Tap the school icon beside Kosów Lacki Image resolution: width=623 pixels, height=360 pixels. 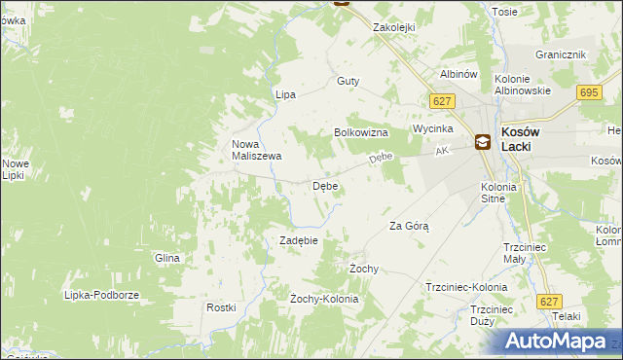[483, 142]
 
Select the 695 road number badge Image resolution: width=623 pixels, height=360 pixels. [588, 92]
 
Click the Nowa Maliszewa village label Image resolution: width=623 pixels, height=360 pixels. [256, 149]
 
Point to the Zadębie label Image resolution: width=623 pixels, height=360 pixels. [299, 240]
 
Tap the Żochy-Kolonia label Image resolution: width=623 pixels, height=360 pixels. [324, 299]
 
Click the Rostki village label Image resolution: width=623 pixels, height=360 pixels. [221, 307]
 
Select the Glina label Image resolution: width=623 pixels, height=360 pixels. [167, 258]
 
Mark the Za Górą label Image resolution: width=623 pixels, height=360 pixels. [409, 226]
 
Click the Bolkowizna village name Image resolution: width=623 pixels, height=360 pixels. [361, 132]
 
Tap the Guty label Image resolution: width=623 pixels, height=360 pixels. [348, 82]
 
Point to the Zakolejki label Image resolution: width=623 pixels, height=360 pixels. [395, 28]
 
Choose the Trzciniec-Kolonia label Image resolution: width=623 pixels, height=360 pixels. [466, 288]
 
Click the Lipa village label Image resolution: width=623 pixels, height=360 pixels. [285, 95]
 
